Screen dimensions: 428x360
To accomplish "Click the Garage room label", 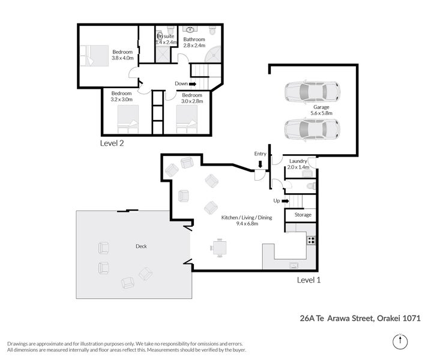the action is coord(321,107).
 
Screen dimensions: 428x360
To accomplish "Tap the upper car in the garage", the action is coord(312,92).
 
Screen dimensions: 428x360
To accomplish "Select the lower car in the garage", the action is coord(312,130).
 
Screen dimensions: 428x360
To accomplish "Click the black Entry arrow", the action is coord(260,164).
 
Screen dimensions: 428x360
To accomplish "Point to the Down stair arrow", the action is coord(193,84).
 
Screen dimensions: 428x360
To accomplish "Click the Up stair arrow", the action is coord(285,201).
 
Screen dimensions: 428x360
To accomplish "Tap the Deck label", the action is coord(141,246).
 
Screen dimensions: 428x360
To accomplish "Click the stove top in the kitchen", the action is coord(311,241).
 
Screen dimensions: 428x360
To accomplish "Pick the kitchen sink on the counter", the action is coord(294,265).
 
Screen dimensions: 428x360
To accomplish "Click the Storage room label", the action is coord(303,215).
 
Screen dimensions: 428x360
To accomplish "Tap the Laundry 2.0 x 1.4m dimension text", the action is coord(298,167).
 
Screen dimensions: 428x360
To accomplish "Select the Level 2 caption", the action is coord(112,143).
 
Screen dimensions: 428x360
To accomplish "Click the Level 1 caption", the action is coord(309,280).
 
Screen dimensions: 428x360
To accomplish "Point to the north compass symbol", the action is coord(400,341).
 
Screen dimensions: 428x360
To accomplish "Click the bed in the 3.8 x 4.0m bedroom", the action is coord(94,56).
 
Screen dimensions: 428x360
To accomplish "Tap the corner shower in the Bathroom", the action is coord(213,55).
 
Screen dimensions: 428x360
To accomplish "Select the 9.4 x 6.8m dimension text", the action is coord(247,224).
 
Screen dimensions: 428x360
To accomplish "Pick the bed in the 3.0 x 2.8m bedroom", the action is coord(187,119).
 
